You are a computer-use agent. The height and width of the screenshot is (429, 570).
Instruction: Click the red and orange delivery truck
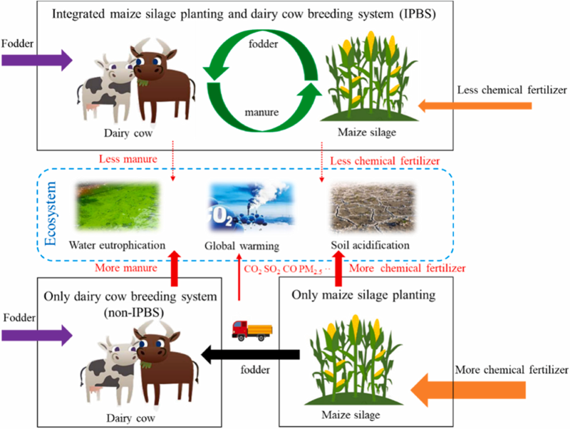coord(252,331)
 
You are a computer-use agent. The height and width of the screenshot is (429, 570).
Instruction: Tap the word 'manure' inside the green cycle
coord(261,113)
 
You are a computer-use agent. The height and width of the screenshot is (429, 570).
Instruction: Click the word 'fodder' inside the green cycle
coord(263,44)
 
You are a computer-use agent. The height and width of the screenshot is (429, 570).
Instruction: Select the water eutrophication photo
coord(118,207)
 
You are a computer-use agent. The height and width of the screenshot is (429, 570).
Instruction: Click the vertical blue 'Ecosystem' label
coord(51,214)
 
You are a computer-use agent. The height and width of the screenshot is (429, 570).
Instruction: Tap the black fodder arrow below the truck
coord(251,354)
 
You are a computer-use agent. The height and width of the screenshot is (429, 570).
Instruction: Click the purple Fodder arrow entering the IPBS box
coord(37,60)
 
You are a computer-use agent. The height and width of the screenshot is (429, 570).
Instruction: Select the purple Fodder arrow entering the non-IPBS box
coord(37,335)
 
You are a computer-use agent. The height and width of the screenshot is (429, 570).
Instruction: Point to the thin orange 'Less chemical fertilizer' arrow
coord(475,105)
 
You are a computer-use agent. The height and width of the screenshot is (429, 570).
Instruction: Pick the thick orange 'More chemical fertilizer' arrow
coord(468,390)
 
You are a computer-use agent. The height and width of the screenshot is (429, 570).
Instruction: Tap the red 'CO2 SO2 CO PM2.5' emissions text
coord(288,269)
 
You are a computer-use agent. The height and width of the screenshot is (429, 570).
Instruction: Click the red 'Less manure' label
coord(128,159)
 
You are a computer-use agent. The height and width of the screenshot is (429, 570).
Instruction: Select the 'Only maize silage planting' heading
coord(363,294)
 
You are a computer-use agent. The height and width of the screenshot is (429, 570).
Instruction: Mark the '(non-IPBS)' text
coord(133,312)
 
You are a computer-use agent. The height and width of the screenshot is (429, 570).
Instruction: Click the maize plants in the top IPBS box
coord(369,76)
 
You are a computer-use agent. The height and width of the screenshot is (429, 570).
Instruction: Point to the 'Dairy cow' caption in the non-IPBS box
coord(130,418)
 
